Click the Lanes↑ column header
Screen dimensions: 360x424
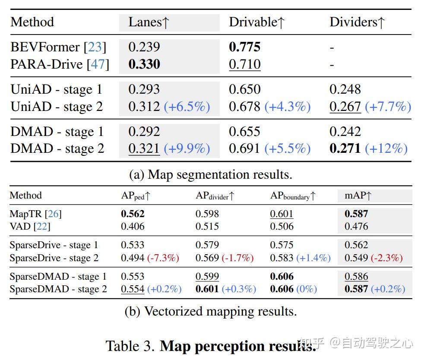point(149,22)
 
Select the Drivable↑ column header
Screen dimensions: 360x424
point(256,22)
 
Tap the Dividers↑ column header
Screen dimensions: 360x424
point(357,22)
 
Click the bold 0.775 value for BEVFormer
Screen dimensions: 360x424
point(244,47)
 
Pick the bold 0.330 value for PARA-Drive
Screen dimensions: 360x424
point(144,64)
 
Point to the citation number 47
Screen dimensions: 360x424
point(98,64)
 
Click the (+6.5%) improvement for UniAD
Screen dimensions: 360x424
point(187,107)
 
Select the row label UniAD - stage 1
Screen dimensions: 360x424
point(57,89)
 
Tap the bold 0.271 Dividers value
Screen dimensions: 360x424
point(345,148)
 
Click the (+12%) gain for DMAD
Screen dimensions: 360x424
point(386,148)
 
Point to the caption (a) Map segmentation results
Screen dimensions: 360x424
point(211,174)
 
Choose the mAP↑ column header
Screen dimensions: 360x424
point(358,196)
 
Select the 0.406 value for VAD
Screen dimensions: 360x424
point(133,226)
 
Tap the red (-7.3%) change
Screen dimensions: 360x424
point(163,258)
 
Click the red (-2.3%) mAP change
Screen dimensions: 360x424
point(387,258)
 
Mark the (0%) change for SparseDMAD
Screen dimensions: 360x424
point(306,289)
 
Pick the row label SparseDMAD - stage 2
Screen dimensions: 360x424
point(58,289)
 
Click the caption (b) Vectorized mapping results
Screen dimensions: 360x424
point(211,312)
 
